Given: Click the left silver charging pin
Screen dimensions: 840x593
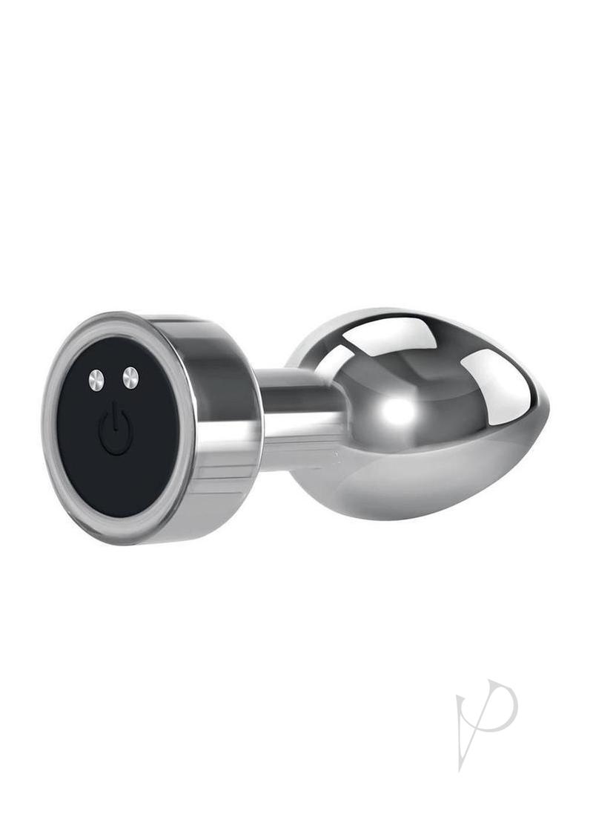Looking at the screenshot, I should (x=96, y=381).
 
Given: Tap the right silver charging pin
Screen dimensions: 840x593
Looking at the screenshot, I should (x=130, y=378).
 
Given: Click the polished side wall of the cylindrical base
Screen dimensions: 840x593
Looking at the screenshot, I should (x=222, y=416).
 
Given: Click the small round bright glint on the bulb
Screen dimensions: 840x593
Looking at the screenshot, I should (x=401, y=411).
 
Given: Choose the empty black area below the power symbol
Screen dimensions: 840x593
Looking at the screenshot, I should (x=119, y=475).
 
